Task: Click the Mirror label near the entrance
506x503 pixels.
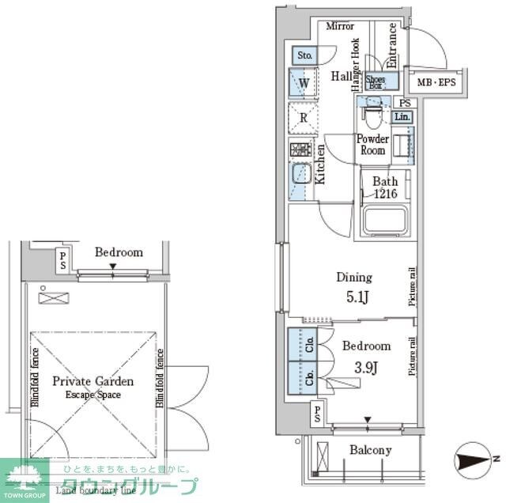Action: (340, 26)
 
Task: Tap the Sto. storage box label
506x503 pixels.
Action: (305, 55)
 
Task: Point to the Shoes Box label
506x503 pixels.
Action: (376, 81)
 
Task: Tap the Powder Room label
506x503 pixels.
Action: (372, 145)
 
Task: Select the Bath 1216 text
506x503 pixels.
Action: (385, 187)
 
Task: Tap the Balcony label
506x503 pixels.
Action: (370, 451)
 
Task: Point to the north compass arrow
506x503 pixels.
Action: (475, 459)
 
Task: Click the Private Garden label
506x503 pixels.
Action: (93, 381)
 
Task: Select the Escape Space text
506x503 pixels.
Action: (93, 394)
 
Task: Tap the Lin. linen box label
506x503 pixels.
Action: (402, 117)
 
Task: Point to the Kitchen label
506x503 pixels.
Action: (320, 164)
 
